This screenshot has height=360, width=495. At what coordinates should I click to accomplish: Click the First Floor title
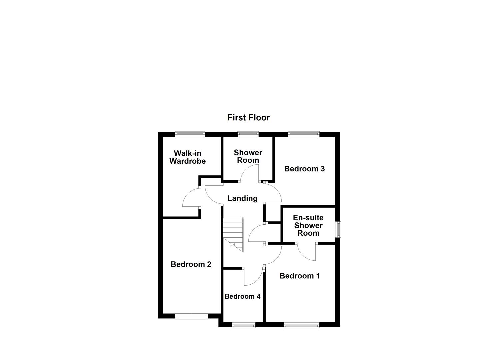(248, 117)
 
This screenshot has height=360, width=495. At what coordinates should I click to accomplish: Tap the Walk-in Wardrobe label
(187, 157)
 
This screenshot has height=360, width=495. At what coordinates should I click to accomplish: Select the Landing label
(242, 198)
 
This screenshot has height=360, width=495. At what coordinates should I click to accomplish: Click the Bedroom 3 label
(304, 169)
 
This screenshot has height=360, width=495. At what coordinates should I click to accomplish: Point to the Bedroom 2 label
(191, 264)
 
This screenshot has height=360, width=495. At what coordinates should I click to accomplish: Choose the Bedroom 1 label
(299, 276)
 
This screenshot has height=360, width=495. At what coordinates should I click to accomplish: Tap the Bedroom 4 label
(242, 296)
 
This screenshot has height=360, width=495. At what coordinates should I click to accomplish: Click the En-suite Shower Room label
(308, 225)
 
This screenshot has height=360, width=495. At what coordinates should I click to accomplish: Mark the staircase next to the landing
(233, 233)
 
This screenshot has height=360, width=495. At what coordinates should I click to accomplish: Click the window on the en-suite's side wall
(339, 229)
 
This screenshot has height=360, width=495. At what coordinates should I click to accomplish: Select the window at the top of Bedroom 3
(304, 134)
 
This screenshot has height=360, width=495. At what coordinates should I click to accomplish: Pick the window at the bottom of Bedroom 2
(192, 316)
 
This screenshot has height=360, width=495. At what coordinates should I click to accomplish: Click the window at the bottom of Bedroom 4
(244, 325)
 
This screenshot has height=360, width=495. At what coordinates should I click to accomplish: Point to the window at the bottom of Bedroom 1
(301, 325)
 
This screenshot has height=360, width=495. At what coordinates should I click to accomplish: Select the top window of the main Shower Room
(248, 134)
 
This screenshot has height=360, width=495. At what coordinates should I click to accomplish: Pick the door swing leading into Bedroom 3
(273, 192)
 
